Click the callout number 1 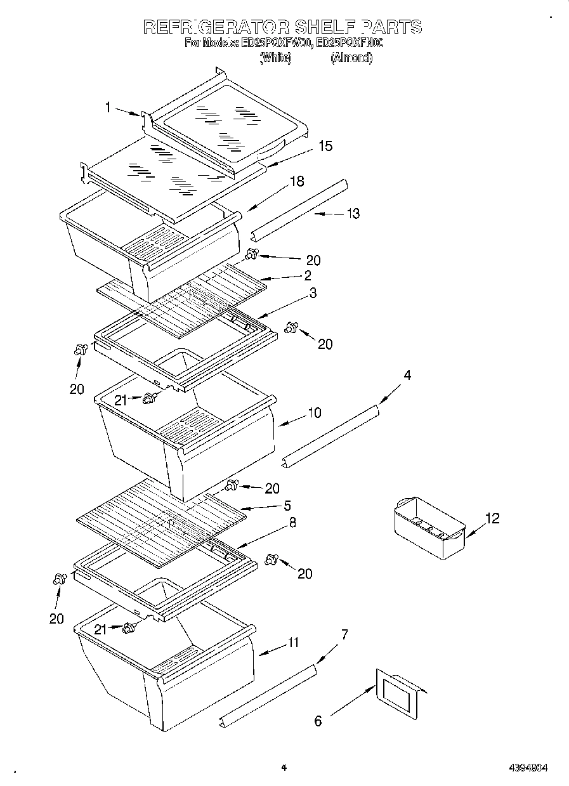tap(108, 108)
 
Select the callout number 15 tap(325, 147)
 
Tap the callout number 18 tap(296, 181)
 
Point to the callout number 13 tap(353, 214)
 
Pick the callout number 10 tap(314, 413)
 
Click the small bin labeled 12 tap(429, 528)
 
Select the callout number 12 tap(492, 519)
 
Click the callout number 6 tap(318, 721)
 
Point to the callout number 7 tap(344, 634)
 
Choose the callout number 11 tap(292, 643)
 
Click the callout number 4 tap(407, 376)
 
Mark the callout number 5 tap(287, 506)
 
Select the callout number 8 tap(292, 523)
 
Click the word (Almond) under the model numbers tap(351, 58)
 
